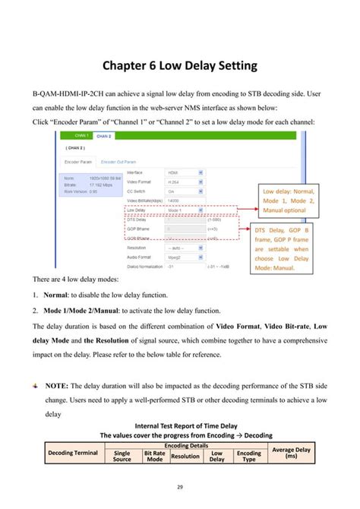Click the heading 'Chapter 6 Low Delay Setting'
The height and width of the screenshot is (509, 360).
click(180, 66)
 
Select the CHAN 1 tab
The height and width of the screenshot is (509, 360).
click(81, 136)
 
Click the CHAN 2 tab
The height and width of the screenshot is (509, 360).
click(104, 136)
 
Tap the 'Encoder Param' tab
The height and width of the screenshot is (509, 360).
click(79, 161)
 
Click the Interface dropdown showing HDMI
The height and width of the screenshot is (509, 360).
click(185, 172)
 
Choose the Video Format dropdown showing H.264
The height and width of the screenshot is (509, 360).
click(185, 182)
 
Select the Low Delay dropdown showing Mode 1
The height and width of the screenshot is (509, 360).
click(185, 209)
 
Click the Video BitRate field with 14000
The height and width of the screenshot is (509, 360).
click(185, 200)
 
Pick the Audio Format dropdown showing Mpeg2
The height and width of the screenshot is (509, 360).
click(185, 257)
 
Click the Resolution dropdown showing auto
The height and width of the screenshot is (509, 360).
click(185, 248)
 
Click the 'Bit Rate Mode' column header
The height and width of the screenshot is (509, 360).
click(154, 457)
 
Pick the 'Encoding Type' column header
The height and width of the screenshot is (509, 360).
click(248, 457)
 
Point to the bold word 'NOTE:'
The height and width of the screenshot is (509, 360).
click(58, 386)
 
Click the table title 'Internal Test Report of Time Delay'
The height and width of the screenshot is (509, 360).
click(180, 426)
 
